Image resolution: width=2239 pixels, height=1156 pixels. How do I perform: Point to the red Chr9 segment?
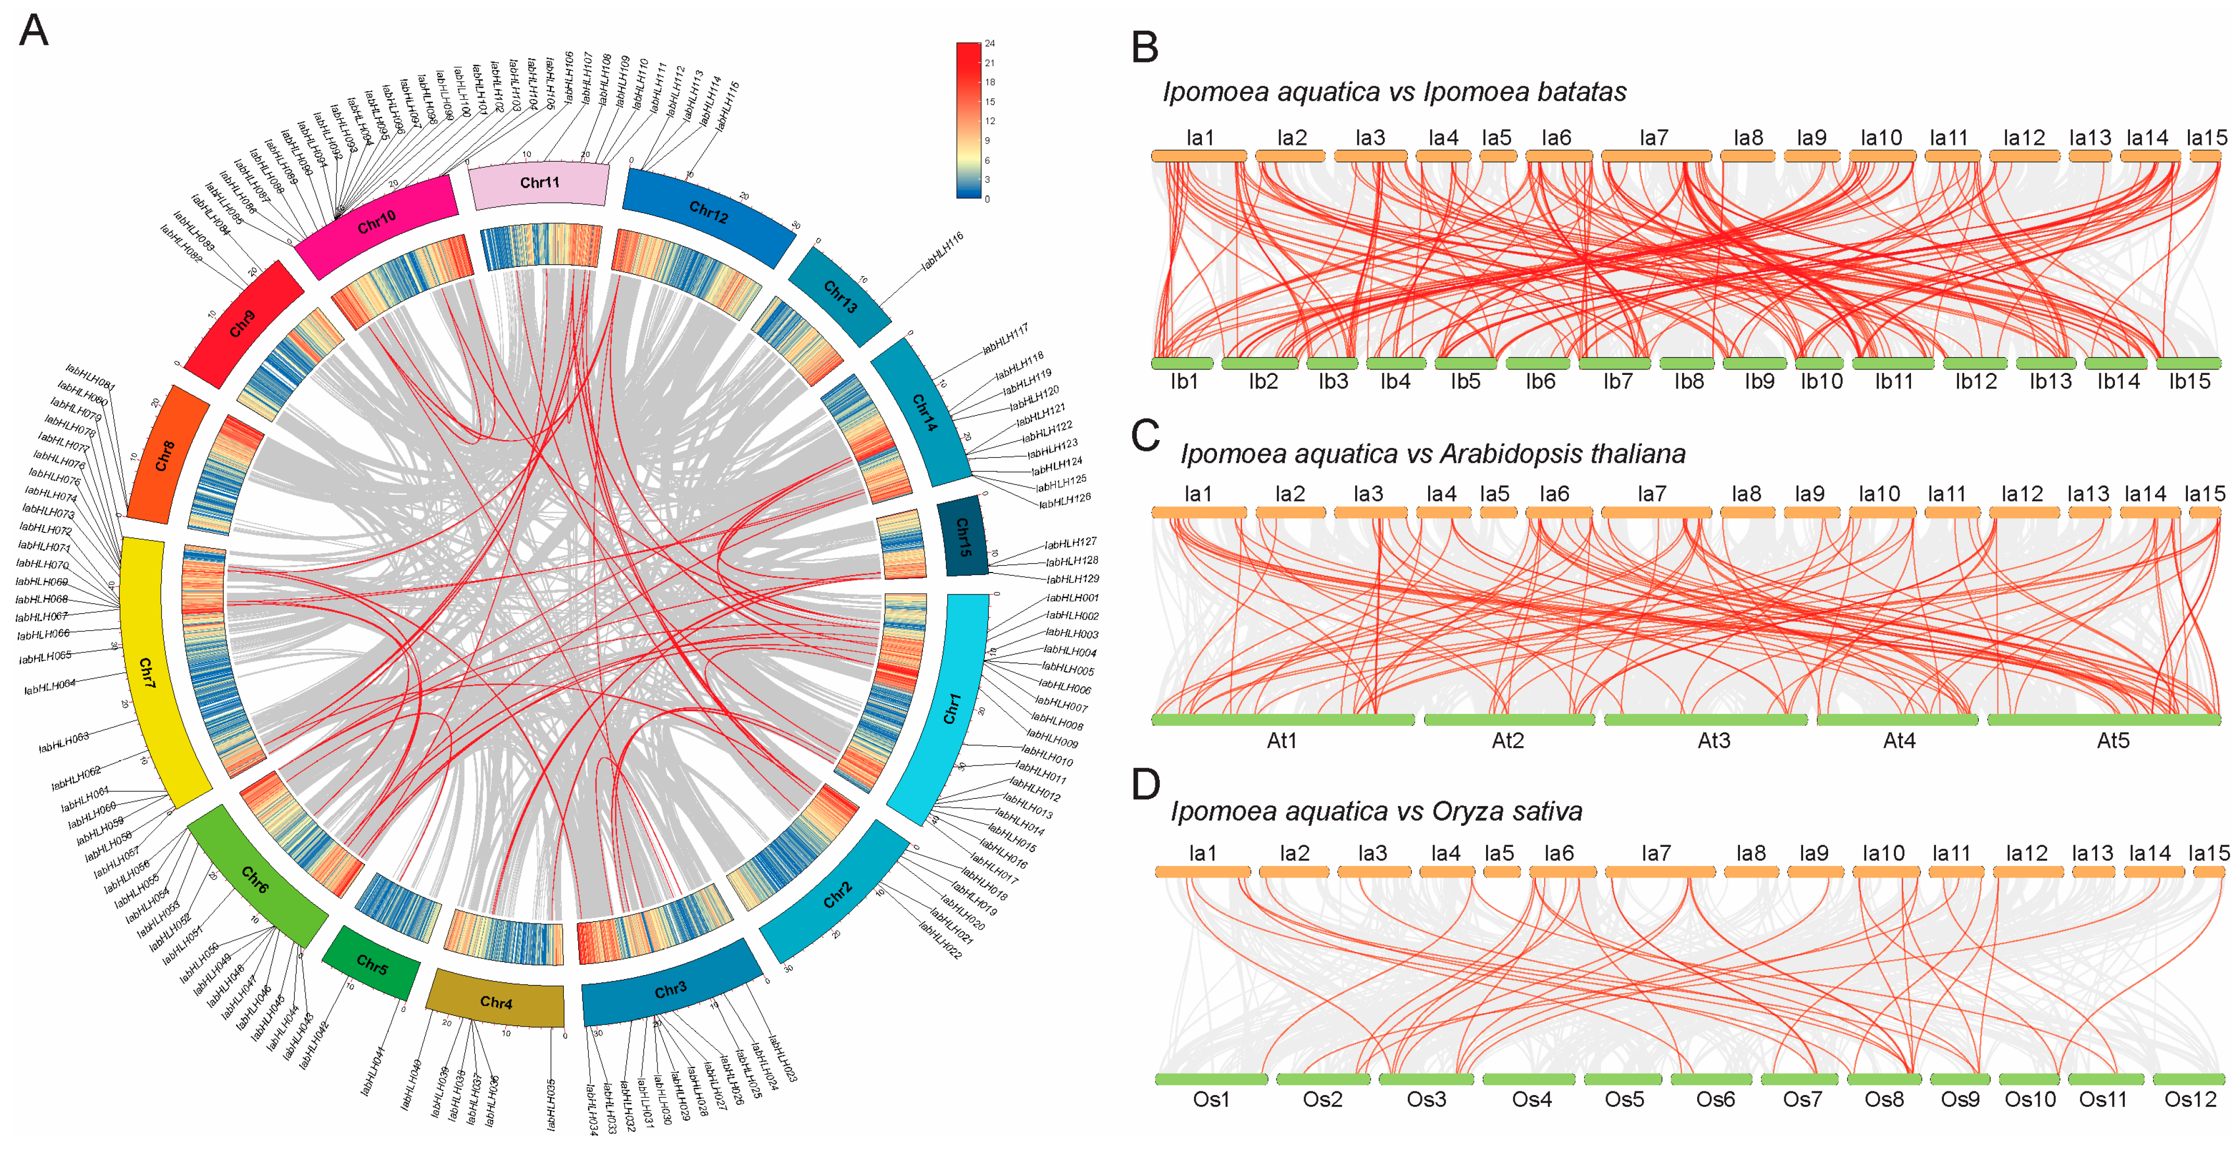point(242,323)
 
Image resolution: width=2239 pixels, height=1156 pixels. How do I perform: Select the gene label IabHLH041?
point(374,1071)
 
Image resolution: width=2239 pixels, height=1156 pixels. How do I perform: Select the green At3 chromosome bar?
point(1706,720)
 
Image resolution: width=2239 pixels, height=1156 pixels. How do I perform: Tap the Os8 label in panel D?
point(1883,1100)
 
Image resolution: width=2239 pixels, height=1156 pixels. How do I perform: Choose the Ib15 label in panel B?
point(2188,382)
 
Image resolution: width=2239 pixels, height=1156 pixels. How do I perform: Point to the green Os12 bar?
point(2188,1079)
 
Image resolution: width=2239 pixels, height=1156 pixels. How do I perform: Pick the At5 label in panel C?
point(2113,740)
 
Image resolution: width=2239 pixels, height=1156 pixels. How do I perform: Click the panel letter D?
point(1146,784)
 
